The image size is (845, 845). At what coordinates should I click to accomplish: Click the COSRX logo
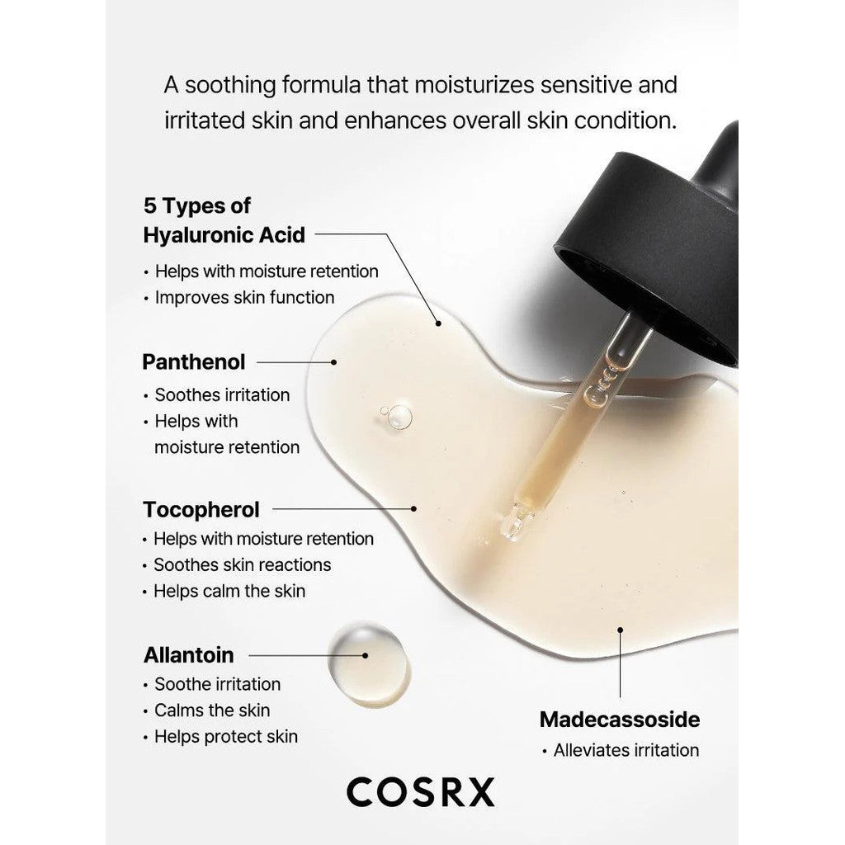click(x=420, y=792)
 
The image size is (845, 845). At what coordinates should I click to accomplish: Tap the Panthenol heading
click(x=193, y=362)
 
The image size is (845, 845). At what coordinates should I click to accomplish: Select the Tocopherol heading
click(x=201, y=510)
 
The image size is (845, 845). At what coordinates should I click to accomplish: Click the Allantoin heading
click(x=189, y=655)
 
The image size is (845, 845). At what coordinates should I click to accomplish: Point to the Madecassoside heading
click(x=620, y=720)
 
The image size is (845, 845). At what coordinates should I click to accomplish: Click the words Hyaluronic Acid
click(x=224, y=235)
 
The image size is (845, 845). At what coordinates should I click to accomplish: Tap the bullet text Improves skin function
click(x=244, y=297)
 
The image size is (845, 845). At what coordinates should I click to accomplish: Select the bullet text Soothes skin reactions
click(x=243, y=564)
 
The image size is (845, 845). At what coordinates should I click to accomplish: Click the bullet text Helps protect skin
click(x=226, y=737)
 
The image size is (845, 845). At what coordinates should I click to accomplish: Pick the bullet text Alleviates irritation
click(x=626, y=750)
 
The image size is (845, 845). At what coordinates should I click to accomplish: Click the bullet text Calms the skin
click(x=212, y=710)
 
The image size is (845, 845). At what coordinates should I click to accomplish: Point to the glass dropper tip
click(x=516, y=522)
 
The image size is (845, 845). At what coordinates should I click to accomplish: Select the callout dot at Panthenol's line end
click(x=333, y=362)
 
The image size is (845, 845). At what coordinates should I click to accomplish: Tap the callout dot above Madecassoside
click(x=621, y=630)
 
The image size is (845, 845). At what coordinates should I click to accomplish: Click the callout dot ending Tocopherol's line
click(x=413, y=508)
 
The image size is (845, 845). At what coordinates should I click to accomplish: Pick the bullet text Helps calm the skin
click(x=229, y=591)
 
